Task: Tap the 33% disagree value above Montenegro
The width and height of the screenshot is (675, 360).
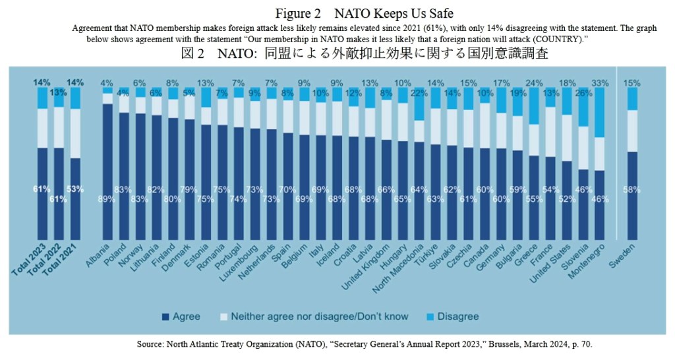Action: click(x=601, y=83)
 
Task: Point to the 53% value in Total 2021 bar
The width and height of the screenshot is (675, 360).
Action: click(x=76, y=189)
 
